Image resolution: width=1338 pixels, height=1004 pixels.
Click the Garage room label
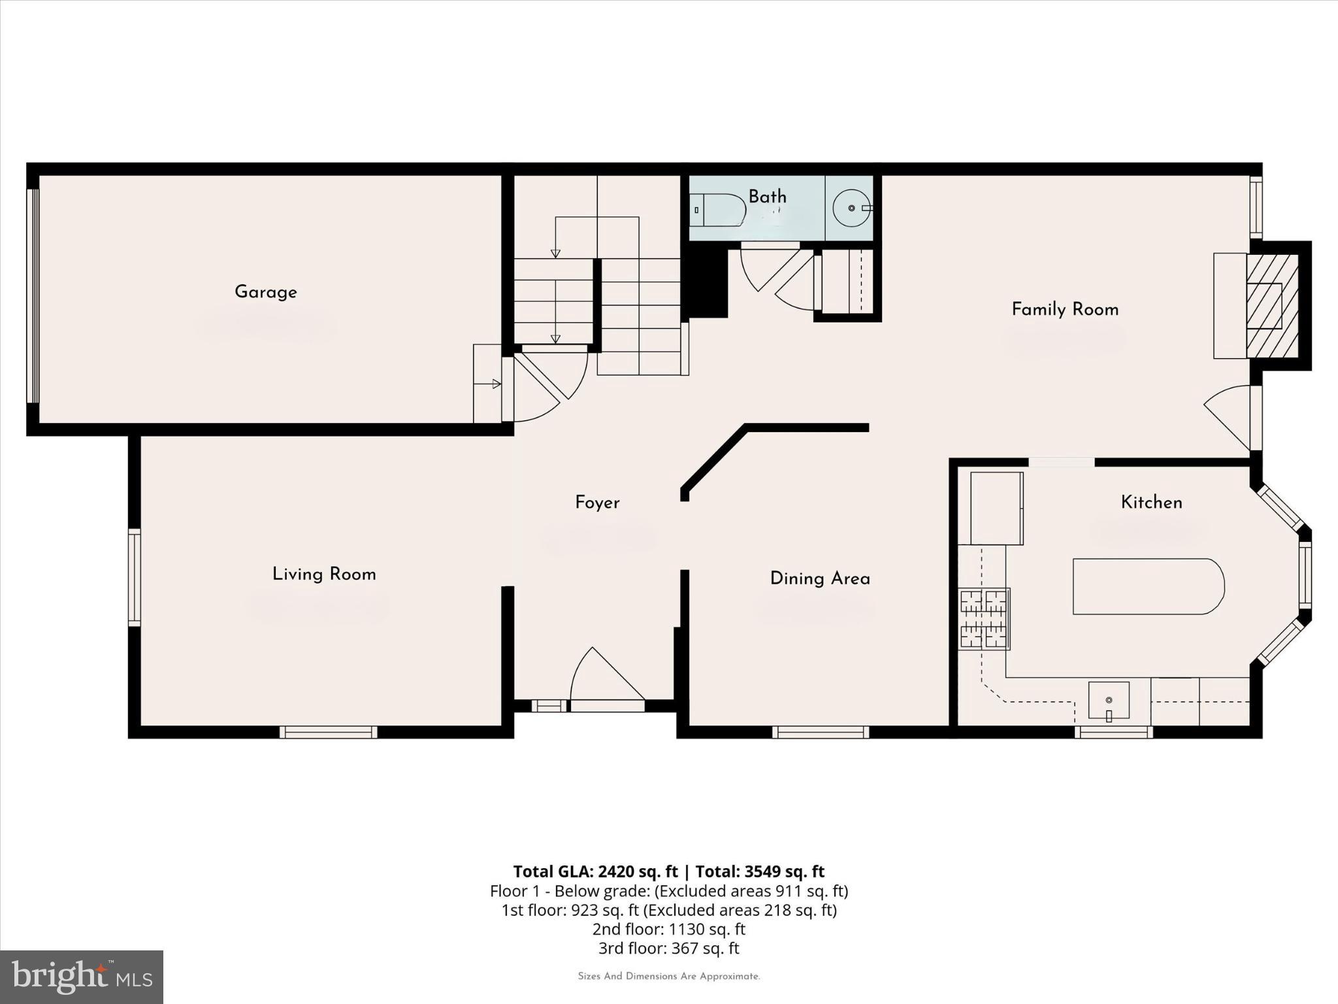pyautogui.click(x=265, y=292)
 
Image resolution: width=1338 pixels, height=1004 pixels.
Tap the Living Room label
pyautogui.click(x=324, y=575)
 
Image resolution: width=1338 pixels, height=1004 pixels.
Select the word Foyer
pyautogui.click(x=597, y=503)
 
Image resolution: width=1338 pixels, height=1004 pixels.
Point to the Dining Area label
pyautogui.click(x=820, y=578)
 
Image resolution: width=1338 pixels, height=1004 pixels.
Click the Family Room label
pyautogui.click(x=1065, y=309)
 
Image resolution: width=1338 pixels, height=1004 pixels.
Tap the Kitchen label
pyautogui.click(x=1151, y=503)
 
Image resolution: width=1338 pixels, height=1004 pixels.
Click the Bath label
pyautogui.click(x=767, y=197)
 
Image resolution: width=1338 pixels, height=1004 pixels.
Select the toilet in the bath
pyautogui.click(x=717, y=210)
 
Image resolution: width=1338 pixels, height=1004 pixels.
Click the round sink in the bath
pyautogui.click(x=851, y=208)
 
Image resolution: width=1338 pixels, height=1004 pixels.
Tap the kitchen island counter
pyautogui.click(x=1147, y=586)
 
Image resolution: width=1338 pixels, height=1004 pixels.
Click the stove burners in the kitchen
pyautogui.click(x=984, y=618)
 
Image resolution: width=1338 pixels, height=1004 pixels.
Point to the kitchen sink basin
pyautogui.click(x=1109, y=700)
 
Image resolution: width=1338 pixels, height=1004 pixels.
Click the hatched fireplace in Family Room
pyautogui.click(x=1271, y=306)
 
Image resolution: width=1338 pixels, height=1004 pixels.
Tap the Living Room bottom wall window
pyautogui.click(x=329, y=732)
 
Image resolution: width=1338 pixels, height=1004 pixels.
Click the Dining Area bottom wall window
pyautogui.click(x=821, y=732)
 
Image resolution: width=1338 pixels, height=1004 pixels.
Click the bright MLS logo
pyautogui.click(x=82, y=977)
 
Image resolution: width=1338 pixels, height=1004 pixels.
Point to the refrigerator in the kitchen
pyautogui.click(x=996, y=508)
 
